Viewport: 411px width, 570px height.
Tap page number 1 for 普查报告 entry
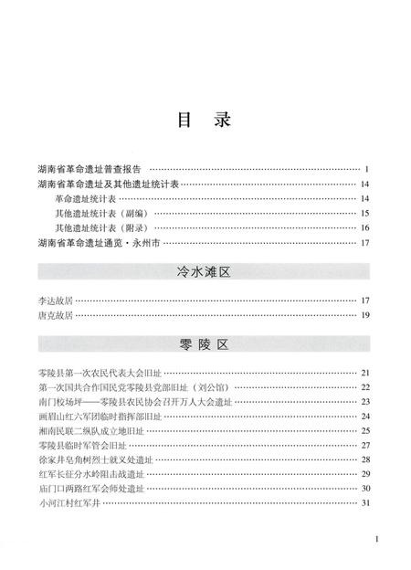tap(365, 170)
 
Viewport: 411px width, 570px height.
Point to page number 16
tap(364, 227)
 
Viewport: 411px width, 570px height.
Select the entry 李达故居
tap(56, 301)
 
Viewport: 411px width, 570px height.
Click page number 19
tap(364, 315)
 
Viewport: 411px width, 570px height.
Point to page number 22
tap(364, 387)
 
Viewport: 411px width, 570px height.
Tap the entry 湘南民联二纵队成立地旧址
tap(94, 430)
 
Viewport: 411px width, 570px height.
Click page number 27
tap(364, 445)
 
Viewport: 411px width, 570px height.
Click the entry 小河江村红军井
tap(69, 503)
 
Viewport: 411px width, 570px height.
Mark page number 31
tap(364, 503)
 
